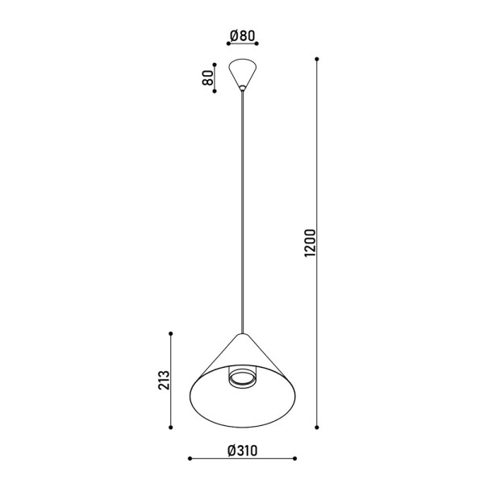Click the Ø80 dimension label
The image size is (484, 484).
coord(242,35)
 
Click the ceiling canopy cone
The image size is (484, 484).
coord(242,72)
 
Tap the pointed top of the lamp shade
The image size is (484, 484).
coord(241,334)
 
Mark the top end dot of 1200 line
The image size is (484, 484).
coord(317,59)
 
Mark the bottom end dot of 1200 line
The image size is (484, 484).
coord(317,425)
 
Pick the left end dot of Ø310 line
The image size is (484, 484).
coord(189,460)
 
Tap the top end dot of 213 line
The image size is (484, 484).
coord(171,333)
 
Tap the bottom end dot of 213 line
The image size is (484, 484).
coord(171,425)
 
